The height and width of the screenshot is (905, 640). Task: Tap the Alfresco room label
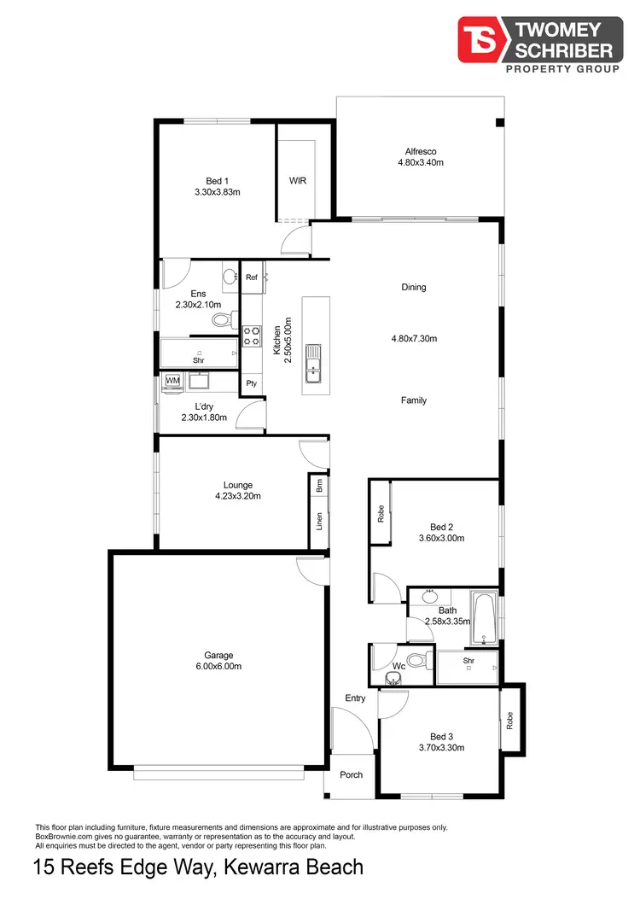pyautogui.click(x=421, y=151)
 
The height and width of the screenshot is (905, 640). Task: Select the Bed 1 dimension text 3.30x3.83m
pyautogui.click(x=217, y=192)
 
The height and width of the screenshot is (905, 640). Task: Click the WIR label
pyautogui.click(x=298, y=181)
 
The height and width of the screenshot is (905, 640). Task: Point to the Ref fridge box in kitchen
pyautogui.click(x=252, y=277)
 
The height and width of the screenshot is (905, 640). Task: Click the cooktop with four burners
pyautogui.click(x=252, y=336)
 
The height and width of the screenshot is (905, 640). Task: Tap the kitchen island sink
pyautogui.click(x=315, y=362)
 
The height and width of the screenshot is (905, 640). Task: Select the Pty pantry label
pyautogui.click(x=252, y=384)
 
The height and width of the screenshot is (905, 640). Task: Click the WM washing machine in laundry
pyautogui.click(x=172, y=381)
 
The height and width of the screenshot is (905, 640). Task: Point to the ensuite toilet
pyautogui.click(x=222, y=320)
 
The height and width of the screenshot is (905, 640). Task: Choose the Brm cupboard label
pyautogui.click(x=319, y=487)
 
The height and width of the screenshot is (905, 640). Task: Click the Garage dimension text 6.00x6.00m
pyautogui.click(x=218, y=666)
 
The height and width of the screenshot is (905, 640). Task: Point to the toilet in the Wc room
pyautogui.click(x=417, y=659)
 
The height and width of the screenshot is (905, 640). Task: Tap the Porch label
pyautogui.click(x=351, y=775)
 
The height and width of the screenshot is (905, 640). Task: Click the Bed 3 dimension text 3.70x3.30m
pyautogui.click(x=440, y=747)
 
